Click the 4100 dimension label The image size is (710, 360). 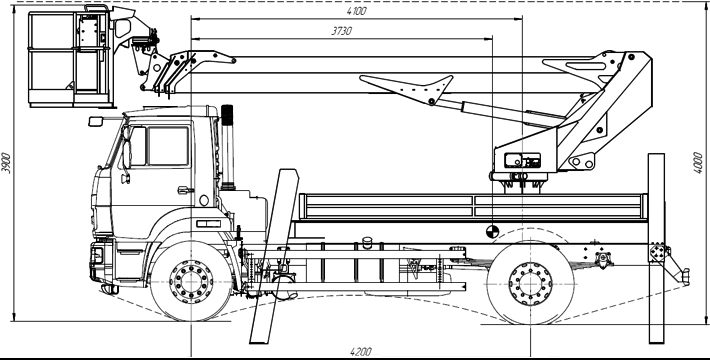pyautogui.click(x=357, y=11)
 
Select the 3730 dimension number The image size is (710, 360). pyautogui.click(x=341, y=31)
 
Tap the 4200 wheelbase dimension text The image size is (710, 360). pyautogui.click(x=361, y=352)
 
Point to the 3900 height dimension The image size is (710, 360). pyautogui.click(x=6, y=163)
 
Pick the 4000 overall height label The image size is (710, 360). pyautogui.click(x=698, y=163)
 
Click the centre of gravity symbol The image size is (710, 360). pyautogui.click(x=492, y=231)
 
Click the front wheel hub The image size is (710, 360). pyautogui.click(x=191, y=282)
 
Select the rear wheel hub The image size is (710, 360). pyautogui.click(x=530, y=284)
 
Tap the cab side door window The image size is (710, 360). pyautogui.click(x=168, y=146)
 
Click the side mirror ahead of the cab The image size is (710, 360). pyautogui.click(x=96, y=121)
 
